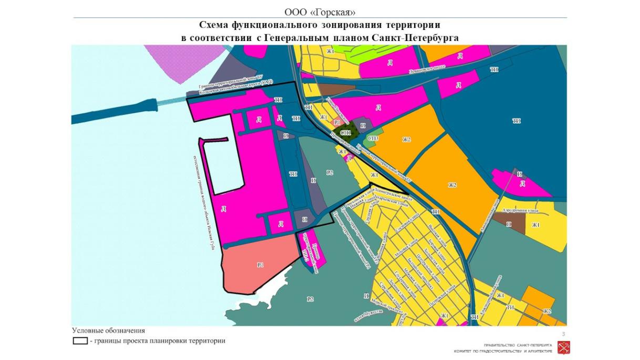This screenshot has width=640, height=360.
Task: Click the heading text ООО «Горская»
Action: click(319, 12)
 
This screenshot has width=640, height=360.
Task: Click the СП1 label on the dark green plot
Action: click(345, 133)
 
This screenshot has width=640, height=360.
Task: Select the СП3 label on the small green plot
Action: click(374, 138)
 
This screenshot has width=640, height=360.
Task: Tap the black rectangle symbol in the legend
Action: click(80, 341)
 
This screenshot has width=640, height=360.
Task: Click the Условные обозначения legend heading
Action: click(108, 331)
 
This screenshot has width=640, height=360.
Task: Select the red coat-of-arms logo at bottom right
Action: click(561, 347)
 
